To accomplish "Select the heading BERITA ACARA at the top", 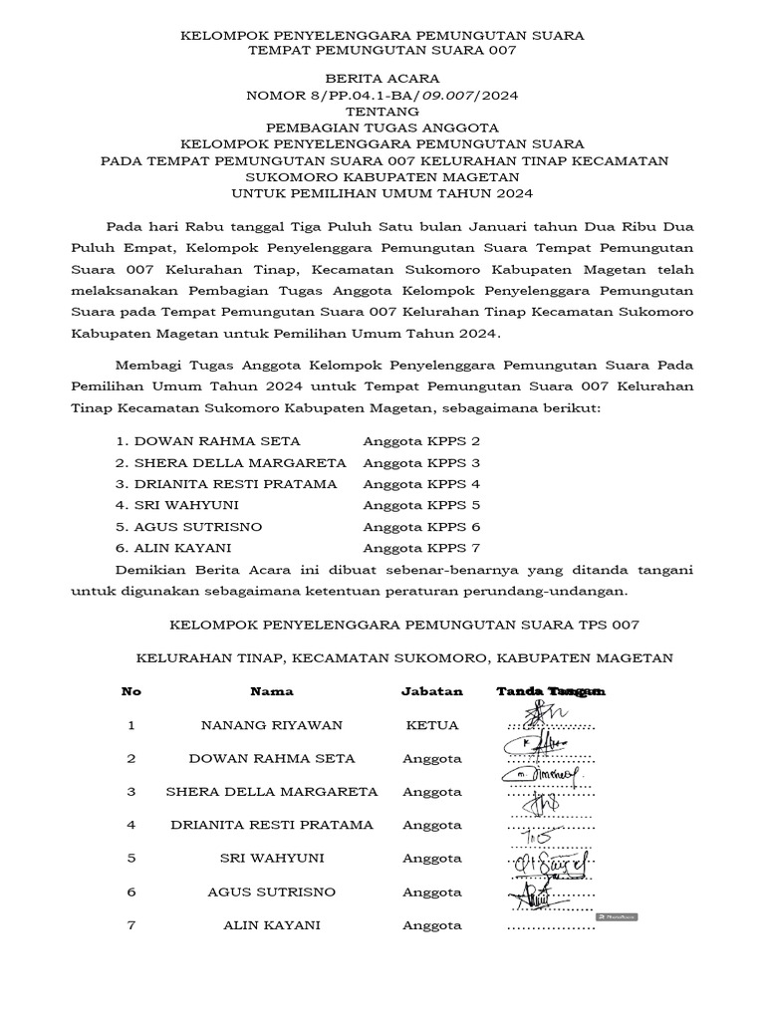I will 382,79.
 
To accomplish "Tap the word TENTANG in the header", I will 382,112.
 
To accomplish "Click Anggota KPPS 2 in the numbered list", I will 421,440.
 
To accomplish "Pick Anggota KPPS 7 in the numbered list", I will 421,548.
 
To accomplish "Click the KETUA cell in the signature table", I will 432,725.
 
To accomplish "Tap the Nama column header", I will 272,691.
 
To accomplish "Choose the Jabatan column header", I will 432,691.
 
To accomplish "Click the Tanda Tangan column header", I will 551,691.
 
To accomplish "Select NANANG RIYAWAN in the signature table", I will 272,725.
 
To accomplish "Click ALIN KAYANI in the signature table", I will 272,925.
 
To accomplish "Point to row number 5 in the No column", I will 131,859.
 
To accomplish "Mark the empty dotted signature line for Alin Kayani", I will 551,928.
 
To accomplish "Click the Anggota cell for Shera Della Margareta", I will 432,792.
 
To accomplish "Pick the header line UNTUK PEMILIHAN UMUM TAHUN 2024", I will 382,193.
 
